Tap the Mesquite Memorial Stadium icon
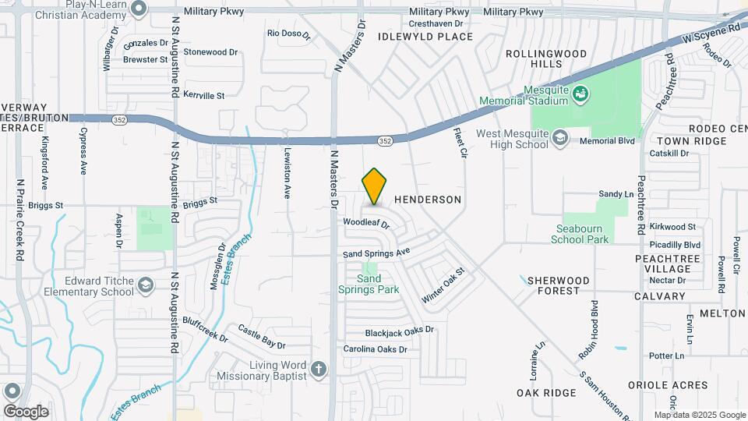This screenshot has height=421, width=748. coord(580,95)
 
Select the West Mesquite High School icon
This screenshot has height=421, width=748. coord(559,138)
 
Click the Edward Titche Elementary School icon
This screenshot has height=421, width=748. coord(145,286)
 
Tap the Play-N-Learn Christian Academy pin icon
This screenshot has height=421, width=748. coord(139,9)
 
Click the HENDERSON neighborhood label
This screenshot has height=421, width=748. coord(428,200)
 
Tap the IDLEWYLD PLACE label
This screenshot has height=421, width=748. coord(425,37)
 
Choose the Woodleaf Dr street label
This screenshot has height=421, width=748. coord(365,223)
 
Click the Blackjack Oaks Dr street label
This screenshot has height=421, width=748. coord(399,330)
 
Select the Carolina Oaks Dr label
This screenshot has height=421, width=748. coord(376,349)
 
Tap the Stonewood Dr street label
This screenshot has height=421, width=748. coord(210,52)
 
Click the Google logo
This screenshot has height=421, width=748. coord(26,411)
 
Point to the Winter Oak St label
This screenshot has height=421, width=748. coord(443,285)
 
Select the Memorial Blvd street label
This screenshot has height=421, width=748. coord(609,141)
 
